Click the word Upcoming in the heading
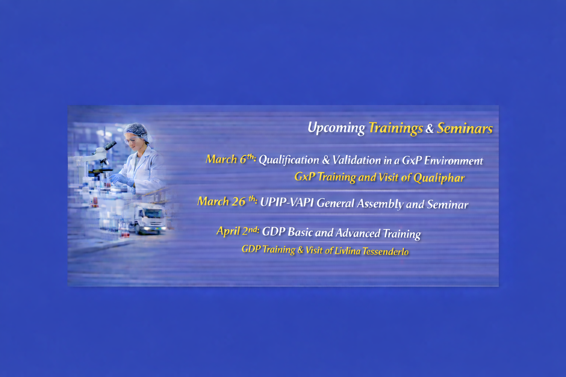336,128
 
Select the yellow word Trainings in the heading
396,128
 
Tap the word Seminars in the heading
465,128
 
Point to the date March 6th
231,159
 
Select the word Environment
454,161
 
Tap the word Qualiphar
439,178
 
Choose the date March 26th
227,201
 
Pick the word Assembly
380,204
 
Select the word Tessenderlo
385,251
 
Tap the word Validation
357,161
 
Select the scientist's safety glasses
132,140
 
